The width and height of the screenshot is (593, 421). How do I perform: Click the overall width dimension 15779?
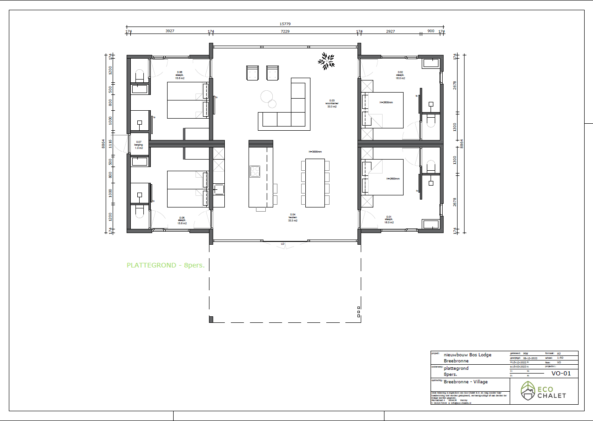[x=285, y=24]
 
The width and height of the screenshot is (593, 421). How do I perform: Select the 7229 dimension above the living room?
[x=285, y=31]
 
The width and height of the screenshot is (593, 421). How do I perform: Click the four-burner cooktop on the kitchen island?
[x=255, y=172]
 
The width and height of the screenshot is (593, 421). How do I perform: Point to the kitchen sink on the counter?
[x=218, y=189]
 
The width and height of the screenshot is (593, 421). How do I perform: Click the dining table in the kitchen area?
[x=315, y=183]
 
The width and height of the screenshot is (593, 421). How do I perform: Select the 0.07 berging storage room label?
[x=139, y=145]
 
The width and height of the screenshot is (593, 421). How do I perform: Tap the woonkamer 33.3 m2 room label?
[x=331, y=103]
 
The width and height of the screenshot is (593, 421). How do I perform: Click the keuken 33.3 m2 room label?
[x=293, y=218]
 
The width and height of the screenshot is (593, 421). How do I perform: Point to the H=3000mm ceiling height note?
[x=315, y=152]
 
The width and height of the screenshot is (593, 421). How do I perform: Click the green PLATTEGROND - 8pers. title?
[x=166, y=265]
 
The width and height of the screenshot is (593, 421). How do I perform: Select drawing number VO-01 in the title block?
[x=560, y=373]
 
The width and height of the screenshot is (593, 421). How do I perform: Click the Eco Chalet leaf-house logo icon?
[x=528, y=391]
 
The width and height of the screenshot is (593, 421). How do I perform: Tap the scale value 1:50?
[x=560, y=358]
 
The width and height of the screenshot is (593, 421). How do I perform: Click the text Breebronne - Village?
[x=465, y=381]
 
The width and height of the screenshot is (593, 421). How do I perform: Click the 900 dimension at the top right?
[x=431, y=31]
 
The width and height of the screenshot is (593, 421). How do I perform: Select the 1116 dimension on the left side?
[x=110, y=143]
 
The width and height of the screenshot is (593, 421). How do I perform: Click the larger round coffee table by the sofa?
[x=267, y=96]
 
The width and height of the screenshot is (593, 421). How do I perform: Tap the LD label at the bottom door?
[x=282, y=244]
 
